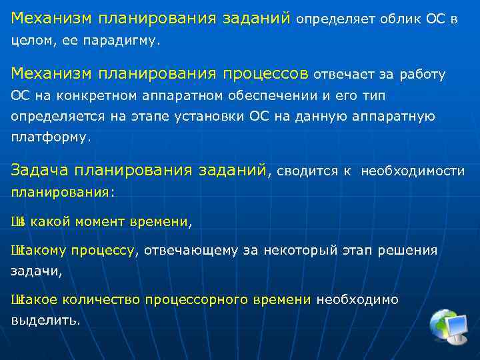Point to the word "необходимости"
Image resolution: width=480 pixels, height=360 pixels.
point(413,171)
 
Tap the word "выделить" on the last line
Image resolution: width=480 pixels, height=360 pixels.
point(44,320)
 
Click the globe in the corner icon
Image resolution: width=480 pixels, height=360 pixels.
point(443,322)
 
